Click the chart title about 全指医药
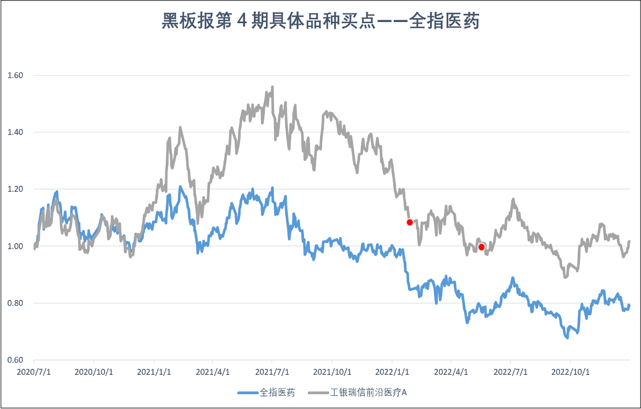coord(320,21)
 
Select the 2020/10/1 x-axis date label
coord(94,372)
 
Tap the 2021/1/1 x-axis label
coord(154,372)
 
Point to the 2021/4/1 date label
coord(213,372)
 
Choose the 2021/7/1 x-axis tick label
coord(272,372)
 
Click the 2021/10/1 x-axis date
coord(333,372)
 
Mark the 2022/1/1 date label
coord(392,372)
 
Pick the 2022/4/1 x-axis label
coord(451,372)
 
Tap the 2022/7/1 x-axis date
coord(510,372)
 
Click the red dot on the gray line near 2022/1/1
coord(410,222)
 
